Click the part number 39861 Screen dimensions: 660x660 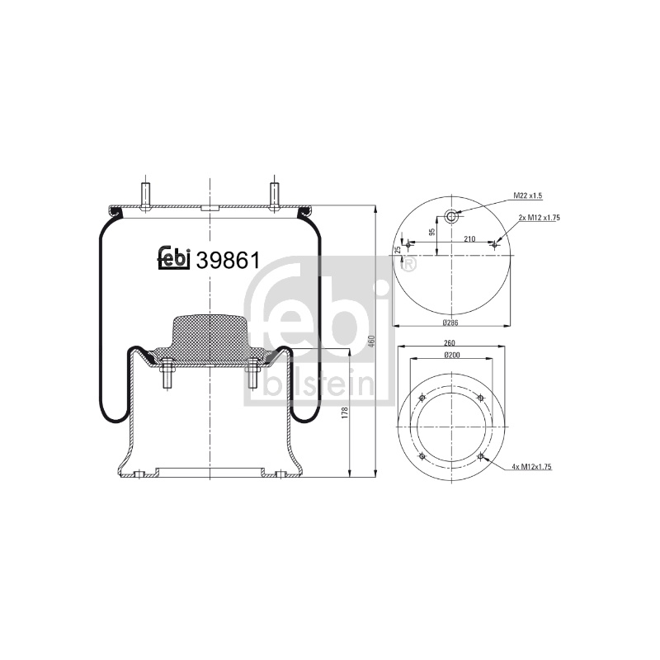click(229, 261)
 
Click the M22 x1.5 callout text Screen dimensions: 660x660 click(528, 196)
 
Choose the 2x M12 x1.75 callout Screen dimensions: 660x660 click(540, 218)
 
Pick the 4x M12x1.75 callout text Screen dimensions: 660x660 click(531, 466)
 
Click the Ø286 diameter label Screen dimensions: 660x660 click(450, 323)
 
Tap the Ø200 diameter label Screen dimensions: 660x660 click(452, 355)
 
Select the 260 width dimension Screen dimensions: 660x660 click(450, 343)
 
